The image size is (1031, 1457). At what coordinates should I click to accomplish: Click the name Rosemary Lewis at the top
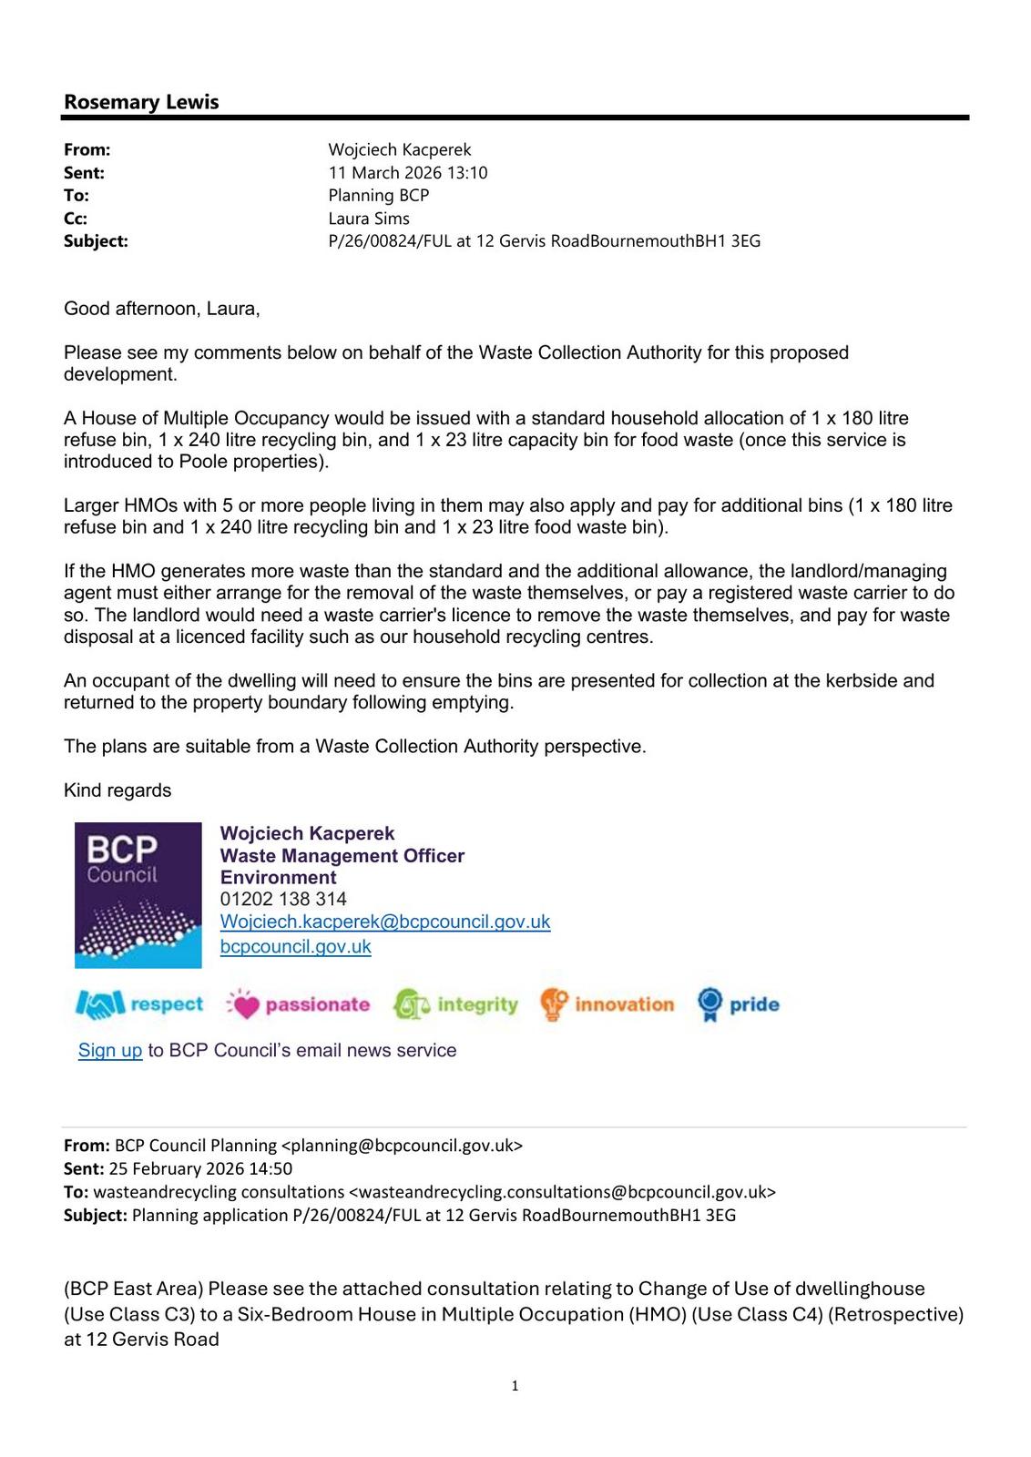pos(141,102)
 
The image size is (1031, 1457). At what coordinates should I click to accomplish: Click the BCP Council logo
pos(138,895)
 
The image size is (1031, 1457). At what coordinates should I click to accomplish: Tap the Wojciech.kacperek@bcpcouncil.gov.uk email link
pos(384,922)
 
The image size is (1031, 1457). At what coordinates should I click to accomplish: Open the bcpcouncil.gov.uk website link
pos(295,946)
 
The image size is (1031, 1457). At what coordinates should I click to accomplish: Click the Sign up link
pos(110,1050)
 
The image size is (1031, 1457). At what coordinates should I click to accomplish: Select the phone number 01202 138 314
pos(283,899)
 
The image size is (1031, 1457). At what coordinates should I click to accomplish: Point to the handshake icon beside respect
pos(99,1004)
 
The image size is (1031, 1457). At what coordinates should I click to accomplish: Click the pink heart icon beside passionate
pos(243,1004)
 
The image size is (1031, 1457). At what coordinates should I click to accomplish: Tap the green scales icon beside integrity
pos(412,1004)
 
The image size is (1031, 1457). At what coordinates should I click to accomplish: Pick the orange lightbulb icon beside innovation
pos(554,1004)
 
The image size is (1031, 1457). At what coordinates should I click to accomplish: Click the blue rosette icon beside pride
pos(709,1004)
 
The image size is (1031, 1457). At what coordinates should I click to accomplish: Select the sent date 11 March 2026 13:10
pos(407,173)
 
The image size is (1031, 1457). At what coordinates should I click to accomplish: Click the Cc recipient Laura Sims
pos(369,219)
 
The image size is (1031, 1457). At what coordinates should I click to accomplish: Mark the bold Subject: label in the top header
pos(96,241)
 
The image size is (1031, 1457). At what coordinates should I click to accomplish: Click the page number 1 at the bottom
pos(515,1386)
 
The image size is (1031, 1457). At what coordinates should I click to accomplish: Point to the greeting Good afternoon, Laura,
pos(162,309)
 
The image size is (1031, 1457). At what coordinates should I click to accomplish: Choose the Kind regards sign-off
pos(117,790)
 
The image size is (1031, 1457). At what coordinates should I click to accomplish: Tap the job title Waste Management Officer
pos(342,855)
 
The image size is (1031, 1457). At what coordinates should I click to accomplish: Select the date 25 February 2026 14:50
pos(200,1168)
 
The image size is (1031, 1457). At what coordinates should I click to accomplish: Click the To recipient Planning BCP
pos(378,196)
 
